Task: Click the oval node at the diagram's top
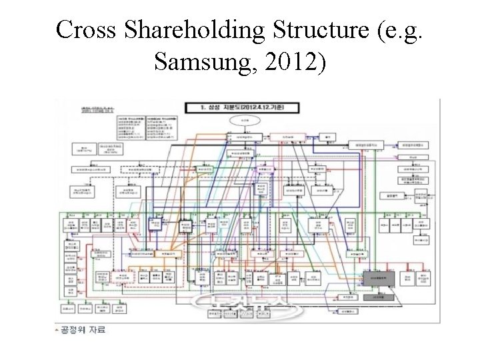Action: pos(241,119)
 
